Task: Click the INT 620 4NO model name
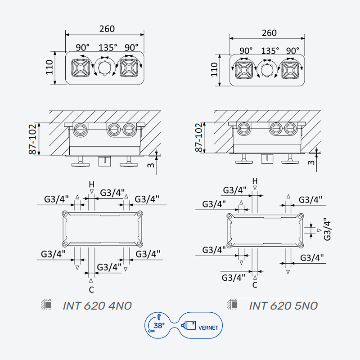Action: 97,306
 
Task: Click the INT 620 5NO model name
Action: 283,306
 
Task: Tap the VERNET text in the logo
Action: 208,328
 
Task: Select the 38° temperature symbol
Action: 159,325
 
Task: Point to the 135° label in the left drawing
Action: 108,48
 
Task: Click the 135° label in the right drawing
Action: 270,50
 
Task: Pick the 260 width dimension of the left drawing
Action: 107,29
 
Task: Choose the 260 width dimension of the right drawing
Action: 269,33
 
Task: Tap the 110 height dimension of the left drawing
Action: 49,67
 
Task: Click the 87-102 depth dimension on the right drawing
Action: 199,138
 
